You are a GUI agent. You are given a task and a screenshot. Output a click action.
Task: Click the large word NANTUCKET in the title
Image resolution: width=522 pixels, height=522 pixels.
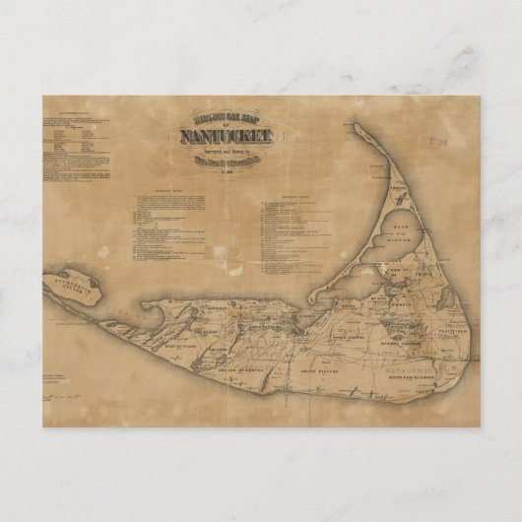(x=225, y=138)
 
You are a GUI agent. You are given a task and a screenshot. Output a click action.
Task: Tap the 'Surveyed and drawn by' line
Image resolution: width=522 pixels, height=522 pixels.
(x=225, y=153)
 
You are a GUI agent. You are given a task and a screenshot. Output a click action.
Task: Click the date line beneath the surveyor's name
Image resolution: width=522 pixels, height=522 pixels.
(x=225, y=168)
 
